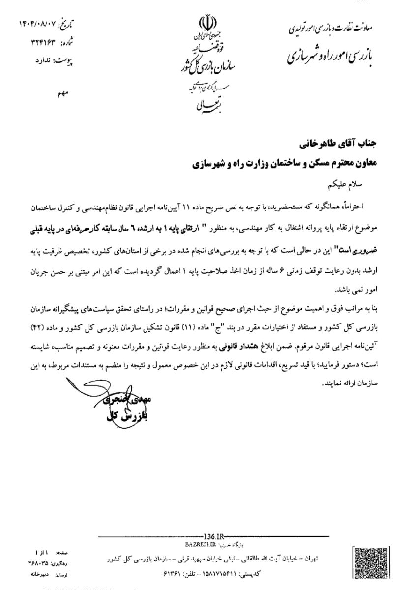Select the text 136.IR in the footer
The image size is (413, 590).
[212, 536]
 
